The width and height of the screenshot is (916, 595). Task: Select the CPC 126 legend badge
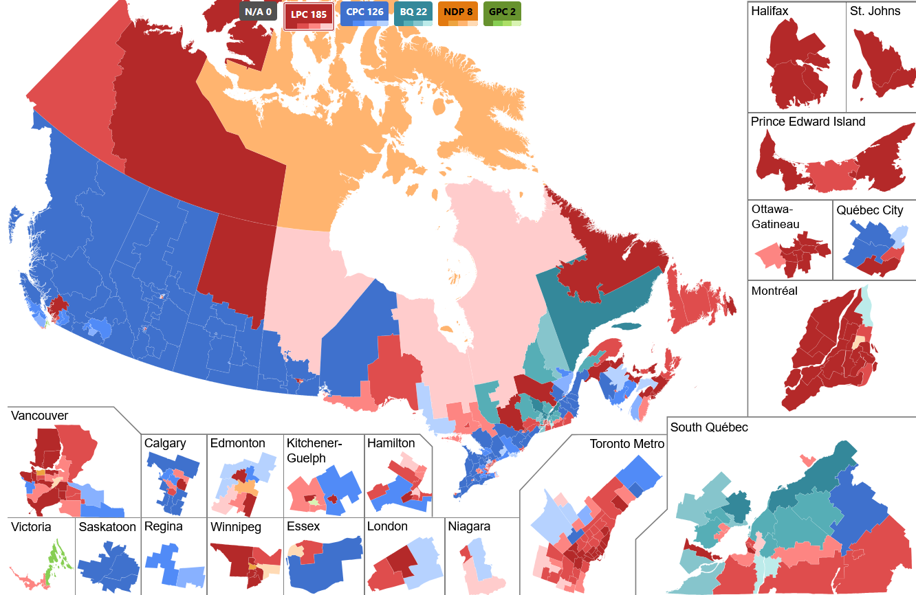tap(364, 13)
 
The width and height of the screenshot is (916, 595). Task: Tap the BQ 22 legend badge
tap(413, 13)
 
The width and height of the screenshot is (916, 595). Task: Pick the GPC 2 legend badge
tap(502, 13)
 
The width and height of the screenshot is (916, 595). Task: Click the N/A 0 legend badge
tap(258, 12)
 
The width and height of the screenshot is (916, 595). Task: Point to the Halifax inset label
tap(770, 12)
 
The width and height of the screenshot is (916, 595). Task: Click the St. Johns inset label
tap(875, 12)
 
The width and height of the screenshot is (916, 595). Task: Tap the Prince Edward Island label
tap(808, 122)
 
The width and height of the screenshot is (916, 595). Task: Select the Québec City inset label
tap(870, 211)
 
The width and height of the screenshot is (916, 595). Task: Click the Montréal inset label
tap(774, 291)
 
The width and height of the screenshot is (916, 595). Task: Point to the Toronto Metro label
tap(627, 444)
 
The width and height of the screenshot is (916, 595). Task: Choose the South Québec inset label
tap(709, 427)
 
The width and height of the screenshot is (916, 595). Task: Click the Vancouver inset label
tap(39, 416)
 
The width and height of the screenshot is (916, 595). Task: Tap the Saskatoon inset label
tap(107, 527)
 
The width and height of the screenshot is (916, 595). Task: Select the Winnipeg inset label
tap(236, 527)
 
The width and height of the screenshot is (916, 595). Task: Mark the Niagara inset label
tap(469, 527)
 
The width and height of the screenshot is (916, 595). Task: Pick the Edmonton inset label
tap(237, 443)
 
